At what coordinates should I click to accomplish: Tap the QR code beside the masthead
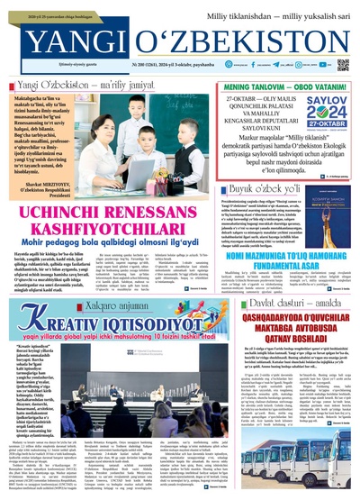pos(343,65)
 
